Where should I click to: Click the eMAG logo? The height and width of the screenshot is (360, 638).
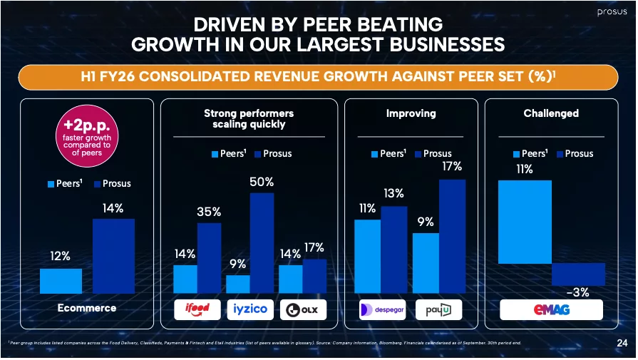(551, 309)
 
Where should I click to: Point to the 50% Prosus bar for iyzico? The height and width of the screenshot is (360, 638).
(262, 242)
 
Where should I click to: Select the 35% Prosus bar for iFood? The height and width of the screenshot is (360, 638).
(209, 257)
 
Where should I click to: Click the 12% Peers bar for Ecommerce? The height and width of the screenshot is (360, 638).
(61, 280)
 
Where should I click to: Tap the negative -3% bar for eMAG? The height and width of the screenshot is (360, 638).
(578, 274)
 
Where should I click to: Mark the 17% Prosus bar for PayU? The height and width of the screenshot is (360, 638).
(452, 236)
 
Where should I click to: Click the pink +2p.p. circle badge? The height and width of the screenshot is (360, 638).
(86, 135)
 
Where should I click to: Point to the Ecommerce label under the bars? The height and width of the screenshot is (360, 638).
(86, 309)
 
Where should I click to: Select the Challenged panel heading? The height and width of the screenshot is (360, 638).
(550, 113)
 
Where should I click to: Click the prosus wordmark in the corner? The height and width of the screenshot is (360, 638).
(612, 12)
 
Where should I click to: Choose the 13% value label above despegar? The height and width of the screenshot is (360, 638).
(393, 194)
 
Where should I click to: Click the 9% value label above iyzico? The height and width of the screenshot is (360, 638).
(237, 264)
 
